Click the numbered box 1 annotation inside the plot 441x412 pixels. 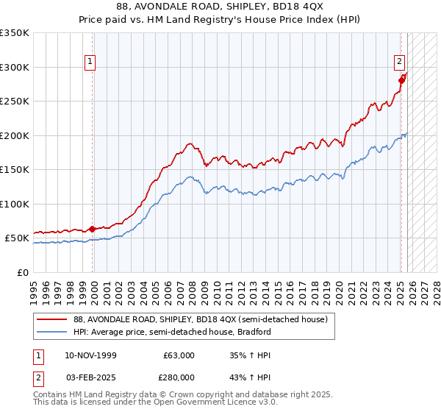click(90, 63)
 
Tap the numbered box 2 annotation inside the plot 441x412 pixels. click(398, 63)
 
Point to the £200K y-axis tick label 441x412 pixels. click(15, 135)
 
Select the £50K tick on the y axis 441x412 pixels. click(17, 238)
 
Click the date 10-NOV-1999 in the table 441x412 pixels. click(89, 355)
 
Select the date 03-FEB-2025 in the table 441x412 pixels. click(89, 377)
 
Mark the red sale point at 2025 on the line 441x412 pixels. click(401, 80)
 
